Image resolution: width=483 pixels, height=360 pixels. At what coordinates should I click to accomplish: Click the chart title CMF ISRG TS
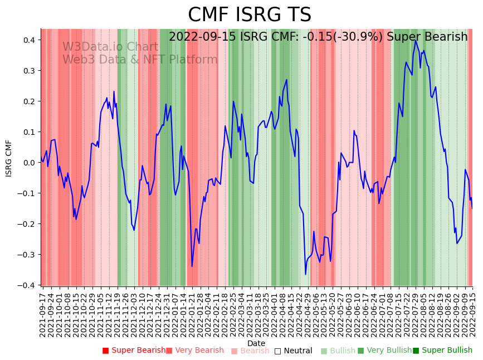(x=249, y=15)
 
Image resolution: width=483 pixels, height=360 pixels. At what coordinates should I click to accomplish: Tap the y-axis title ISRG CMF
(x=9, y=158)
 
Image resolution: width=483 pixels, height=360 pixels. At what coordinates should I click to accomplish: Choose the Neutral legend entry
(x=293, y=351)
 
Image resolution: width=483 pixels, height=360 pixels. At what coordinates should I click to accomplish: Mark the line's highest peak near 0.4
(x=415, y=41)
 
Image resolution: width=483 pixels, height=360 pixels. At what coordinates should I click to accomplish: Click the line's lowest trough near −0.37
(x=305, y=274)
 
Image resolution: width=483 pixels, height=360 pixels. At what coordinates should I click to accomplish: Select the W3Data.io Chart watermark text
(x=110, y=47)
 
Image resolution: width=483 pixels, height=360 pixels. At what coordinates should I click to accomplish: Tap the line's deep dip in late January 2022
(x=192, y=266)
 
